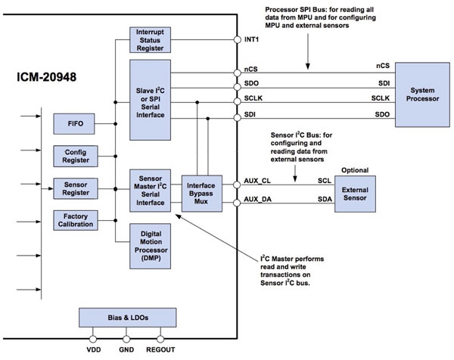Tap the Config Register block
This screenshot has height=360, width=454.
(x=74, y=156)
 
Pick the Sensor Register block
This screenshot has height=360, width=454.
(x=74, y=187)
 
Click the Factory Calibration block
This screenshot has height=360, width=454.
(x=74, y=220)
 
